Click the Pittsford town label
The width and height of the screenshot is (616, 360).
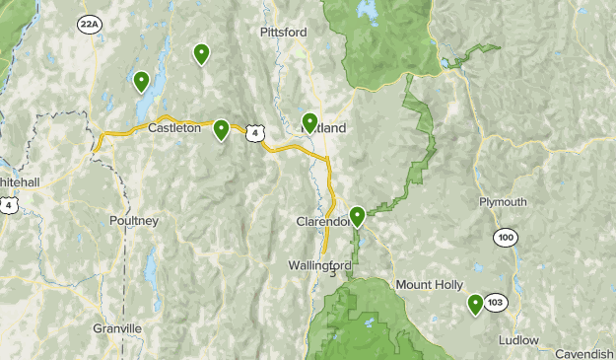click(283, 33)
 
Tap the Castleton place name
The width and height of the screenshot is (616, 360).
click(174, 127)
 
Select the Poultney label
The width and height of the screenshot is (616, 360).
click(134, 221)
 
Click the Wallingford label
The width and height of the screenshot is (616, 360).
click(320, 265)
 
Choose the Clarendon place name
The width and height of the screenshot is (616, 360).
click(322, 222)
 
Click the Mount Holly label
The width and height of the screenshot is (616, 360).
click(429, 284)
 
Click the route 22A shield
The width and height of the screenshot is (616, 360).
click(90, 25)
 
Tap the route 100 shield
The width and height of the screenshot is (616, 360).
click(506, 239)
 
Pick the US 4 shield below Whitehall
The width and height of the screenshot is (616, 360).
click(9, 204)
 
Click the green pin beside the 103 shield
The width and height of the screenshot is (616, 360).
click(475, 304)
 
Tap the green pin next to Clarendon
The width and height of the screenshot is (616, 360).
click(357, 215)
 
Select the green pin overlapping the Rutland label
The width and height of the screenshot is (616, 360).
click(309, 121)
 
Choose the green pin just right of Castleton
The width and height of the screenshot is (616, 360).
click(221, 128)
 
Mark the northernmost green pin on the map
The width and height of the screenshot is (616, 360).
click(201, 53)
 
